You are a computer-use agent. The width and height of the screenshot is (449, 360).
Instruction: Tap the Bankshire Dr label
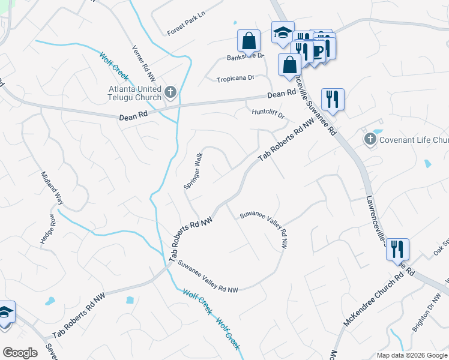pos(245,57)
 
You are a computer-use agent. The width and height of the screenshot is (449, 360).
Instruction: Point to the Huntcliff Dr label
pos(267,112)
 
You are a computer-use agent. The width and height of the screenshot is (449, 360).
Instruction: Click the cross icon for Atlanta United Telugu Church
pos(170,92)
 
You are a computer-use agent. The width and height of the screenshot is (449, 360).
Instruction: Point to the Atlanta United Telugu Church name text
pos(135,93)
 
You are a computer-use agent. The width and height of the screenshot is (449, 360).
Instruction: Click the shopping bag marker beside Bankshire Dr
pos(249,41)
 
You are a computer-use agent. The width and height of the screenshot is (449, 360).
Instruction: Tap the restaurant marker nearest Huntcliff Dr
pos(332,99)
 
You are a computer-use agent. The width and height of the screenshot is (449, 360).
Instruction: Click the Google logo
pos(20,353)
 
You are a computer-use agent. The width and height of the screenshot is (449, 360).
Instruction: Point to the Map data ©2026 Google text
pos(412,355)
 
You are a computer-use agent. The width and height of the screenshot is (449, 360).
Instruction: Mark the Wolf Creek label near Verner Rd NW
pos(114,65)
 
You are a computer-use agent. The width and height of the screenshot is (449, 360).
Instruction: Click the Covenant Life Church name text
pos(414,140)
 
